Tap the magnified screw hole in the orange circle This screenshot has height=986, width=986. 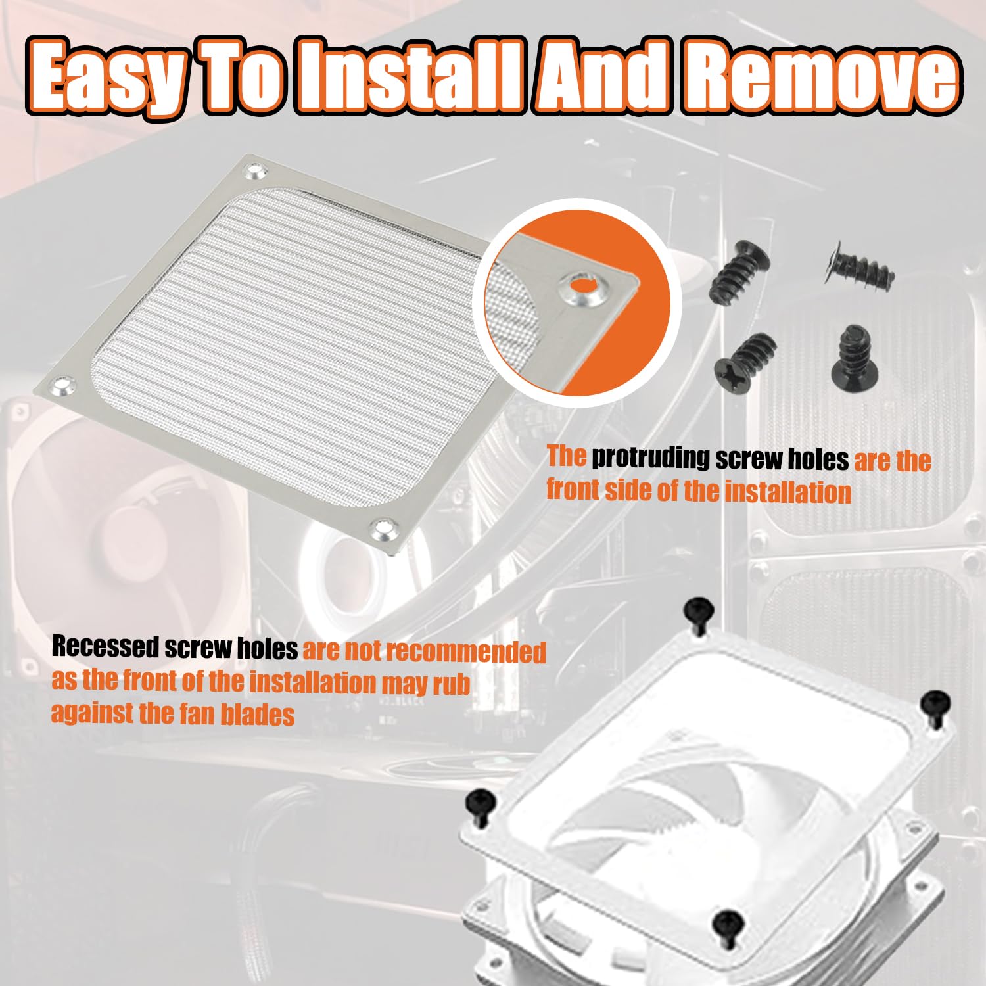point(581,286)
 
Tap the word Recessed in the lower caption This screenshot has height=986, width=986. point(105,647)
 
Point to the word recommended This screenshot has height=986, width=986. point(466,651)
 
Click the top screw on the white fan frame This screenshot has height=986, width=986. point(699,613)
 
